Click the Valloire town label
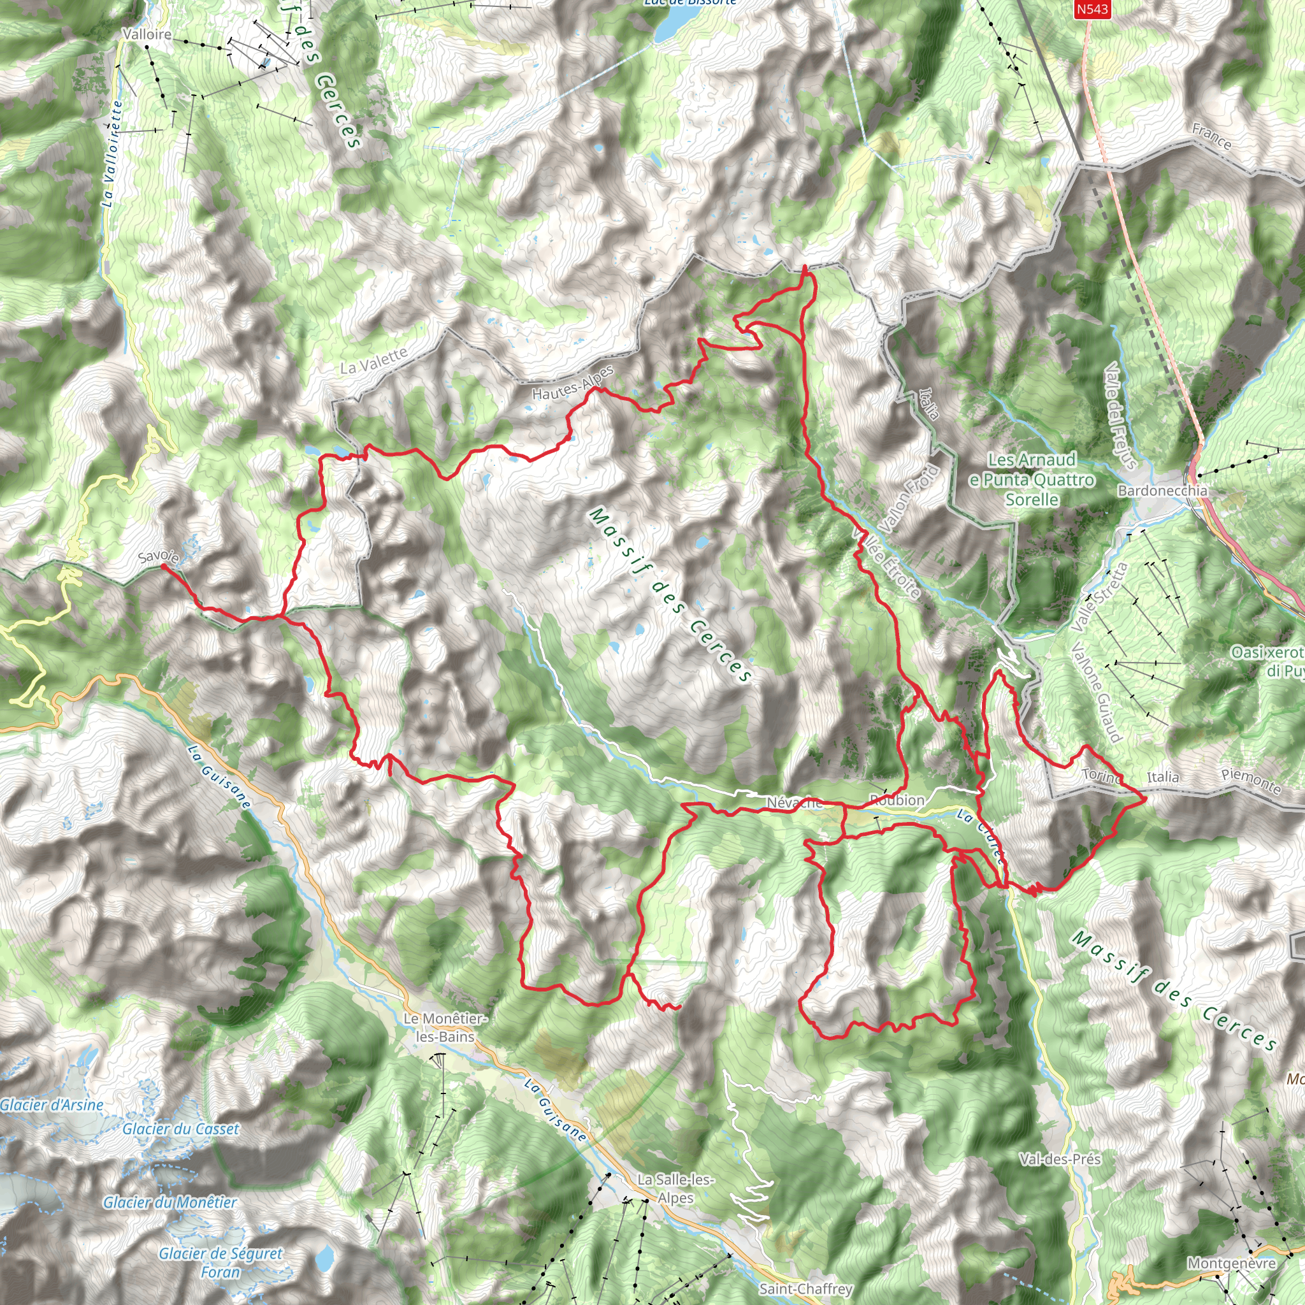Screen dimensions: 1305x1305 [x=147, y=34]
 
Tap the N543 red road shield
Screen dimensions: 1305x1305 [x=1092, y=9]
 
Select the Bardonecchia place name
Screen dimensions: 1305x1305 [x=1162, y=491]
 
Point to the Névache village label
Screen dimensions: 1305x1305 [x=795, y=802]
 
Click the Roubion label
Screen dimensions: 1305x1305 [x=897, y=800]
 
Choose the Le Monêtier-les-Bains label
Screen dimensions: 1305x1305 [x=445, y=1027]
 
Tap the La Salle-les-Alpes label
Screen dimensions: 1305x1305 [x=675, y=1188]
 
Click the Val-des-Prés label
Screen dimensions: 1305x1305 [x=1060, y=1159]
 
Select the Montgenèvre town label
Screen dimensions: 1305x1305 [x=1231, y=1263]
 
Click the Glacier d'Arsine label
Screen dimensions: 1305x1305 [x=52, y=1105]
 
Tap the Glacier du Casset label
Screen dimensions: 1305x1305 [x=180, y=1128]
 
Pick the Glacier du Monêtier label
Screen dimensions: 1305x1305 [x=169, y=1202]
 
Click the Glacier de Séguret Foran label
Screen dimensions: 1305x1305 [x=220, y=1262]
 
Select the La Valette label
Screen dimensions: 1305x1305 [x=373, y=361]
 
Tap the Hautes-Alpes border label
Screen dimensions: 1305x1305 [x=573, y=382]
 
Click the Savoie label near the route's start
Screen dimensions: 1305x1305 [x=159, y=556]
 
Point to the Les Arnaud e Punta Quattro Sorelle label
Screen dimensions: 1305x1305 [x=1032, y=480]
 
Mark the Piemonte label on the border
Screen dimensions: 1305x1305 [x=1251, y=781]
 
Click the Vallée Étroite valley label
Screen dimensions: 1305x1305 [x=888, y=563]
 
